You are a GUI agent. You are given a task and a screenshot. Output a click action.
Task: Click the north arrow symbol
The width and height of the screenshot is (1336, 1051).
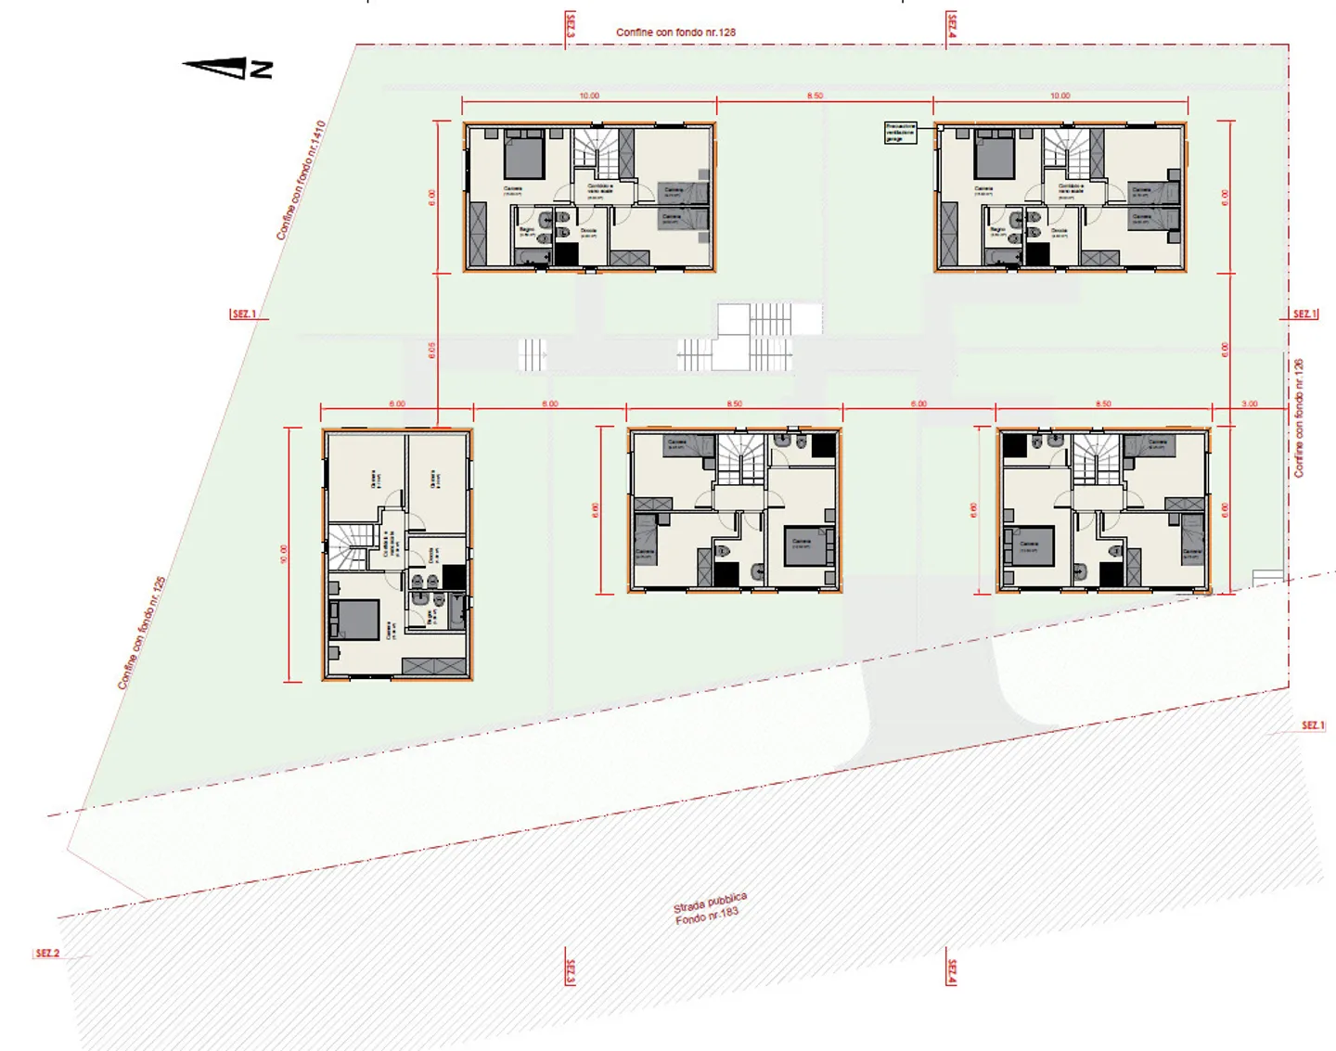[x=228, y=68]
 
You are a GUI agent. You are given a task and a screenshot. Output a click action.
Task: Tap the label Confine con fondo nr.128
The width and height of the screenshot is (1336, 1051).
[x=675, y=32]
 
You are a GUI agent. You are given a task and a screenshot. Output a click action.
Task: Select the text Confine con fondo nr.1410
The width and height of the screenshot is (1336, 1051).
[x=302, y=180]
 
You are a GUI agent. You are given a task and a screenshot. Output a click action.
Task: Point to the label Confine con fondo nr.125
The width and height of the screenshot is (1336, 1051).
[x=142, y=633]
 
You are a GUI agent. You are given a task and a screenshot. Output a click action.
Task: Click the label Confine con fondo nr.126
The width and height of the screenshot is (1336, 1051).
[x=1299, y=418]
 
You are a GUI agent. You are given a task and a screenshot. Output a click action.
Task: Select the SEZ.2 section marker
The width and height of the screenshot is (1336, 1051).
[x=47, y=954]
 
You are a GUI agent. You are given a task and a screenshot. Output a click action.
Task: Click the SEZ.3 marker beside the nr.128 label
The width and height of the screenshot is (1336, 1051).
[x=570, y=26]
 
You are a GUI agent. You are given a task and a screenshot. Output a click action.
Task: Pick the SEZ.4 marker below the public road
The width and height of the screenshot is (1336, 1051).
[x=951, y=972]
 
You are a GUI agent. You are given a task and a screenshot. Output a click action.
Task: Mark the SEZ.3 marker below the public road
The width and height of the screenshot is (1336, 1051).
[x=570, y=972]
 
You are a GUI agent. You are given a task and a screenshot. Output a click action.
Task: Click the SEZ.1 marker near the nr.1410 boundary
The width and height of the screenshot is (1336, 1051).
[x=244, y=314]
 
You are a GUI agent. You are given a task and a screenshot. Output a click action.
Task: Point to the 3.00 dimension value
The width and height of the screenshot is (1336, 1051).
[x=1250, y=404]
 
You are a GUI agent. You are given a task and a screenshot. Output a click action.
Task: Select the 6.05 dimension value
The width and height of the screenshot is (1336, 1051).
[x=432, y=350]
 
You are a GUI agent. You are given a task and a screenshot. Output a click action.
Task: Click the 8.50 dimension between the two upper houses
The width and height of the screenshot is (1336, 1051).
[x=815, y=96]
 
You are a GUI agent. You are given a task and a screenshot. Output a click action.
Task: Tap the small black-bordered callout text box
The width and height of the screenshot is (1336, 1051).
[x=900, y=132]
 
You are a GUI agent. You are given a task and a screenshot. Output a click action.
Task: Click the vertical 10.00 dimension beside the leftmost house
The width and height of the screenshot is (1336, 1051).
[x=284, y=554]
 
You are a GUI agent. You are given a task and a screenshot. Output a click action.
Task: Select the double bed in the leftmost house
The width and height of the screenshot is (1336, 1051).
[x=353, y=620]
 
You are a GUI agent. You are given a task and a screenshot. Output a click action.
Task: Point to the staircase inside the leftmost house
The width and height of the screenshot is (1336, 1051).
[x=351, y=548]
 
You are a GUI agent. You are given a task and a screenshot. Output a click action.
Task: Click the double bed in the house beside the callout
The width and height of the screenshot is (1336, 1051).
[x=995, y=157]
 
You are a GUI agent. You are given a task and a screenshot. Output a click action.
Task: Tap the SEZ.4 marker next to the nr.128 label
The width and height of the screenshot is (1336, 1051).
[x=951, y=26]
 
